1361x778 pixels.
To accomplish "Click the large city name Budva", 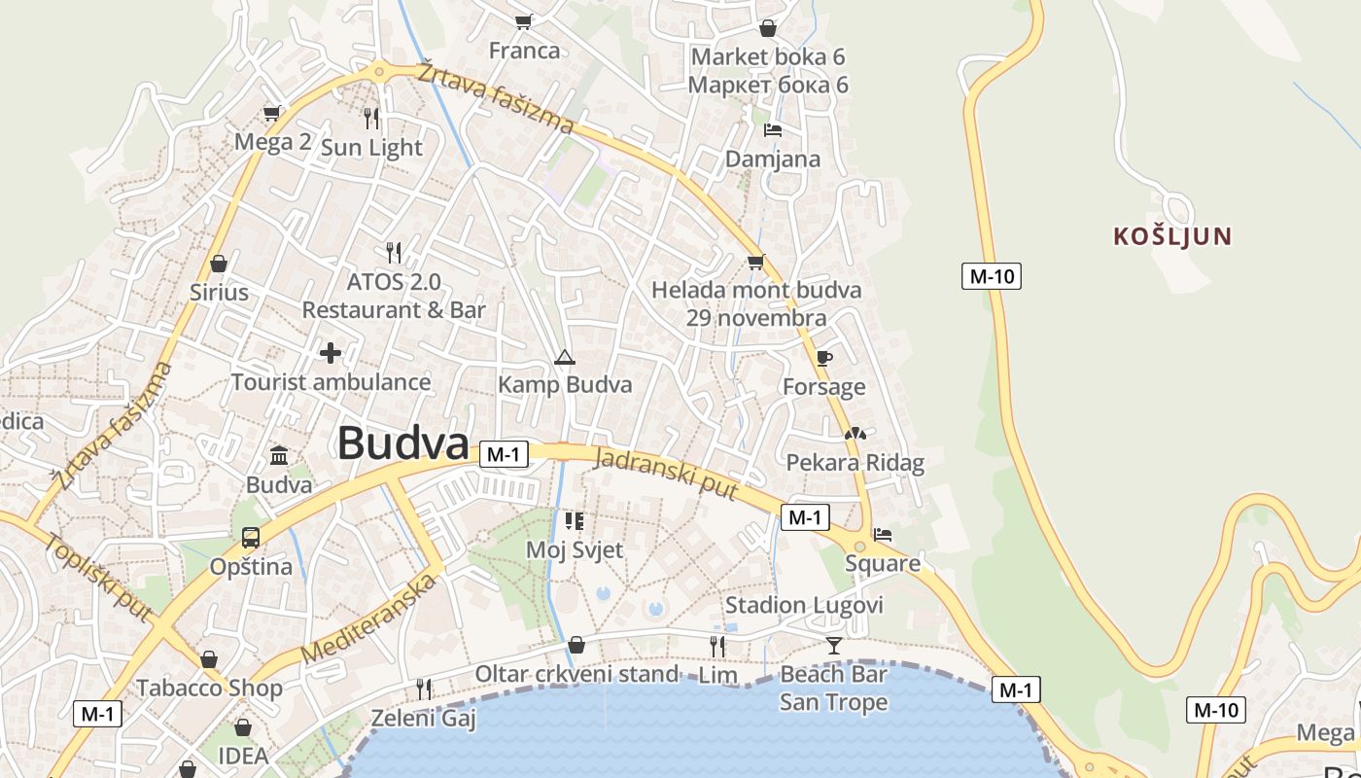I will click(403, 443).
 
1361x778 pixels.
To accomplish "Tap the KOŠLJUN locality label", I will click(1172, 235).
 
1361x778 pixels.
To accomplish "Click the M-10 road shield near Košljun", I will click(992, 276).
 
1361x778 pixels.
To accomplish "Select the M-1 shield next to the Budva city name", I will click(504, 453).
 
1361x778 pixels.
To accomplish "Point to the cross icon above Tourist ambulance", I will click(331, 352).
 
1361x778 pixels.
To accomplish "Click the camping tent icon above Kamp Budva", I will click(564, 358).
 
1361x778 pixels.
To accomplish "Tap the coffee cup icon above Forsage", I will click(824, 359).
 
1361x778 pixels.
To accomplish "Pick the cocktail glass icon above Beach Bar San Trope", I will click(833, 645).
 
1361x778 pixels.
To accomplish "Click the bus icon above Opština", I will click(251, 537).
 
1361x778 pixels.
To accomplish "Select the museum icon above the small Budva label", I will click(279, 454).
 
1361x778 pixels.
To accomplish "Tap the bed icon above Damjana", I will click(773, 129).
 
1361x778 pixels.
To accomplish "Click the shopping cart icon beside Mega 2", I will click(271, 113).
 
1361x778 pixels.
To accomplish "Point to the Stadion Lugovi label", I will click(804, 606).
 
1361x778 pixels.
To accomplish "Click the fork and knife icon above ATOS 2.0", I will click(394, 253).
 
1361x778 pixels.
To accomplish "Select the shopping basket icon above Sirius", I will click(219, 264).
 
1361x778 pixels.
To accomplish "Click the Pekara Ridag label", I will click(855, 462).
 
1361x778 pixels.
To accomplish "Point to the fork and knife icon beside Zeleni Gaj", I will click(424, 690).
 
